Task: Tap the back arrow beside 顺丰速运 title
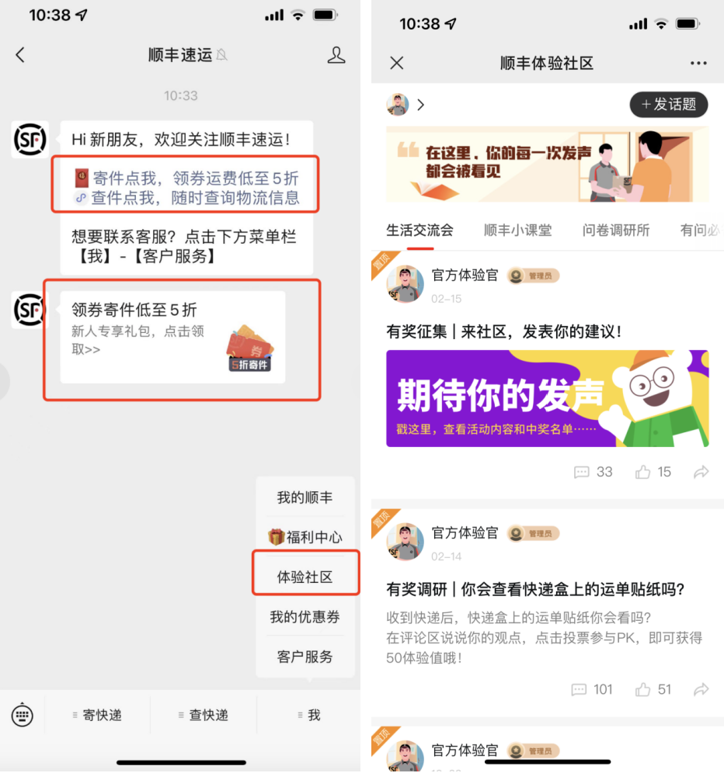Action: point(20,55)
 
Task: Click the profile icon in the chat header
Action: point(336,55)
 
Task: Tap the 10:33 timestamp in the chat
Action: point(180,95)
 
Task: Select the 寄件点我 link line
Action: point(186,177)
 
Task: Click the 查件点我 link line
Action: point(186,198)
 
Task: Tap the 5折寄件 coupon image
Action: point(249,349)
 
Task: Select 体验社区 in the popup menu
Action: point(305,577)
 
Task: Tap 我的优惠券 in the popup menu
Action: point(305,617)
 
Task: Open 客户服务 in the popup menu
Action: point(305,657)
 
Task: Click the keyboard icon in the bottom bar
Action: point(23,715)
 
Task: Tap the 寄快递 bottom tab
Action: point(97,715)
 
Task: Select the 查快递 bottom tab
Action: point(204,715)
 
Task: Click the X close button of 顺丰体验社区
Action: point(397,63)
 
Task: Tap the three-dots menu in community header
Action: point(698,63)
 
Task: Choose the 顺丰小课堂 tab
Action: point(517,230)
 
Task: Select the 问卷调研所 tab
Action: point(616,230)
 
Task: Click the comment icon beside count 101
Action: point(580,689)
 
